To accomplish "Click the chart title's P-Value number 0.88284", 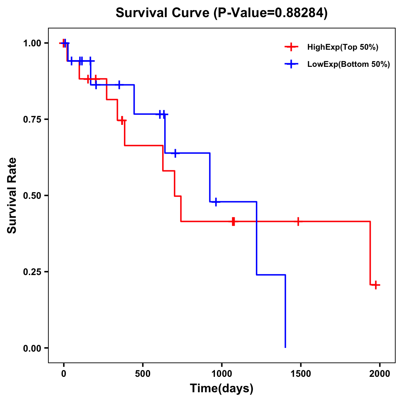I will click(300, 13).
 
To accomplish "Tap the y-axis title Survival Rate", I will click(12, 195).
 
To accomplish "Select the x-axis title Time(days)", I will click(222, 388).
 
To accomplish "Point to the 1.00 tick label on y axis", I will click(32, 43).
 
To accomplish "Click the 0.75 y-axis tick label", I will click(32, 120).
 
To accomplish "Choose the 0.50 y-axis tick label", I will click(32, 196).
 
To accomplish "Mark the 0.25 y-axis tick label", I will click(32, 272).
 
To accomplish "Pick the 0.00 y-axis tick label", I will click(32, 348).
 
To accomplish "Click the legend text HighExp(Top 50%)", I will click(343, 47).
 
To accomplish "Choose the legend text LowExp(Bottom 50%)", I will click(349, 64).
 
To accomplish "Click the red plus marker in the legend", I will click(291, 47).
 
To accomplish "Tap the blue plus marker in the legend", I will click(291, 64).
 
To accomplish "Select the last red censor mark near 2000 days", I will click(376, 285).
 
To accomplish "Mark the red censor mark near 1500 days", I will click(298, 221).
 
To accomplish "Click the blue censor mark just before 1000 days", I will click(216, 202).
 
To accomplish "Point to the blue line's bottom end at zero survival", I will click(285, 347).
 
